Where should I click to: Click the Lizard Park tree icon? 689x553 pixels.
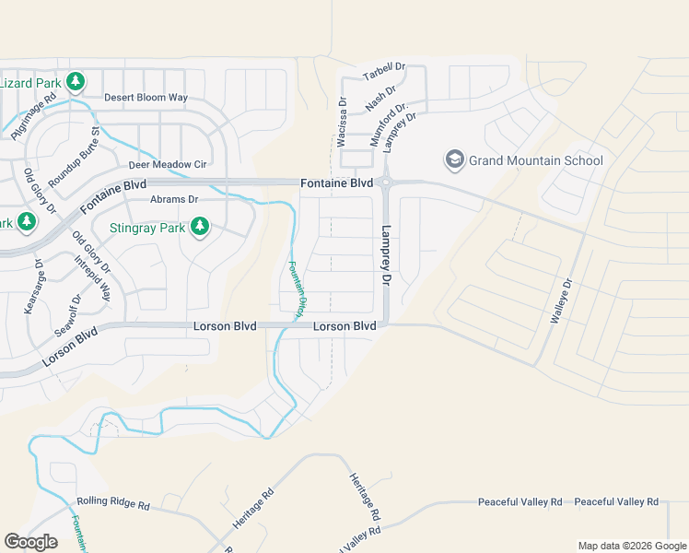76,82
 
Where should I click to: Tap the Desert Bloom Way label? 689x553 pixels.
146,97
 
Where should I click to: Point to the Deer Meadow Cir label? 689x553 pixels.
168,165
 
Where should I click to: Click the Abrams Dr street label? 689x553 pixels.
174,199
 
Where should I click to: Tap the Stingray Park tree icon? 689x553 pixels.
199,226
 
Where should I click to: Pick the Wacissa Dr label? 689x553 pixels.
342,124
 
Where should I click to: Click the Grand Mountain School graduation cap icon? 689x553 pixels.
454,160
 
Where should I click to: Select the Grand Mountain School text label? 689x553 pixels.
536,160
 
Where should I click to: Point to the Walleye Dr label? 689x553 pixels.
561,300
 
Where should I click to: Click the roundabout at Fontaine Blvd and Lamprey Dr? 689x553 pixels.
385,182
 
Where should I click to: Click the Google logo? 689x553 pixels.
31,542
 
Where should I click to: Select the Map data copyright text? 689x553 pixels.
632,546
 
